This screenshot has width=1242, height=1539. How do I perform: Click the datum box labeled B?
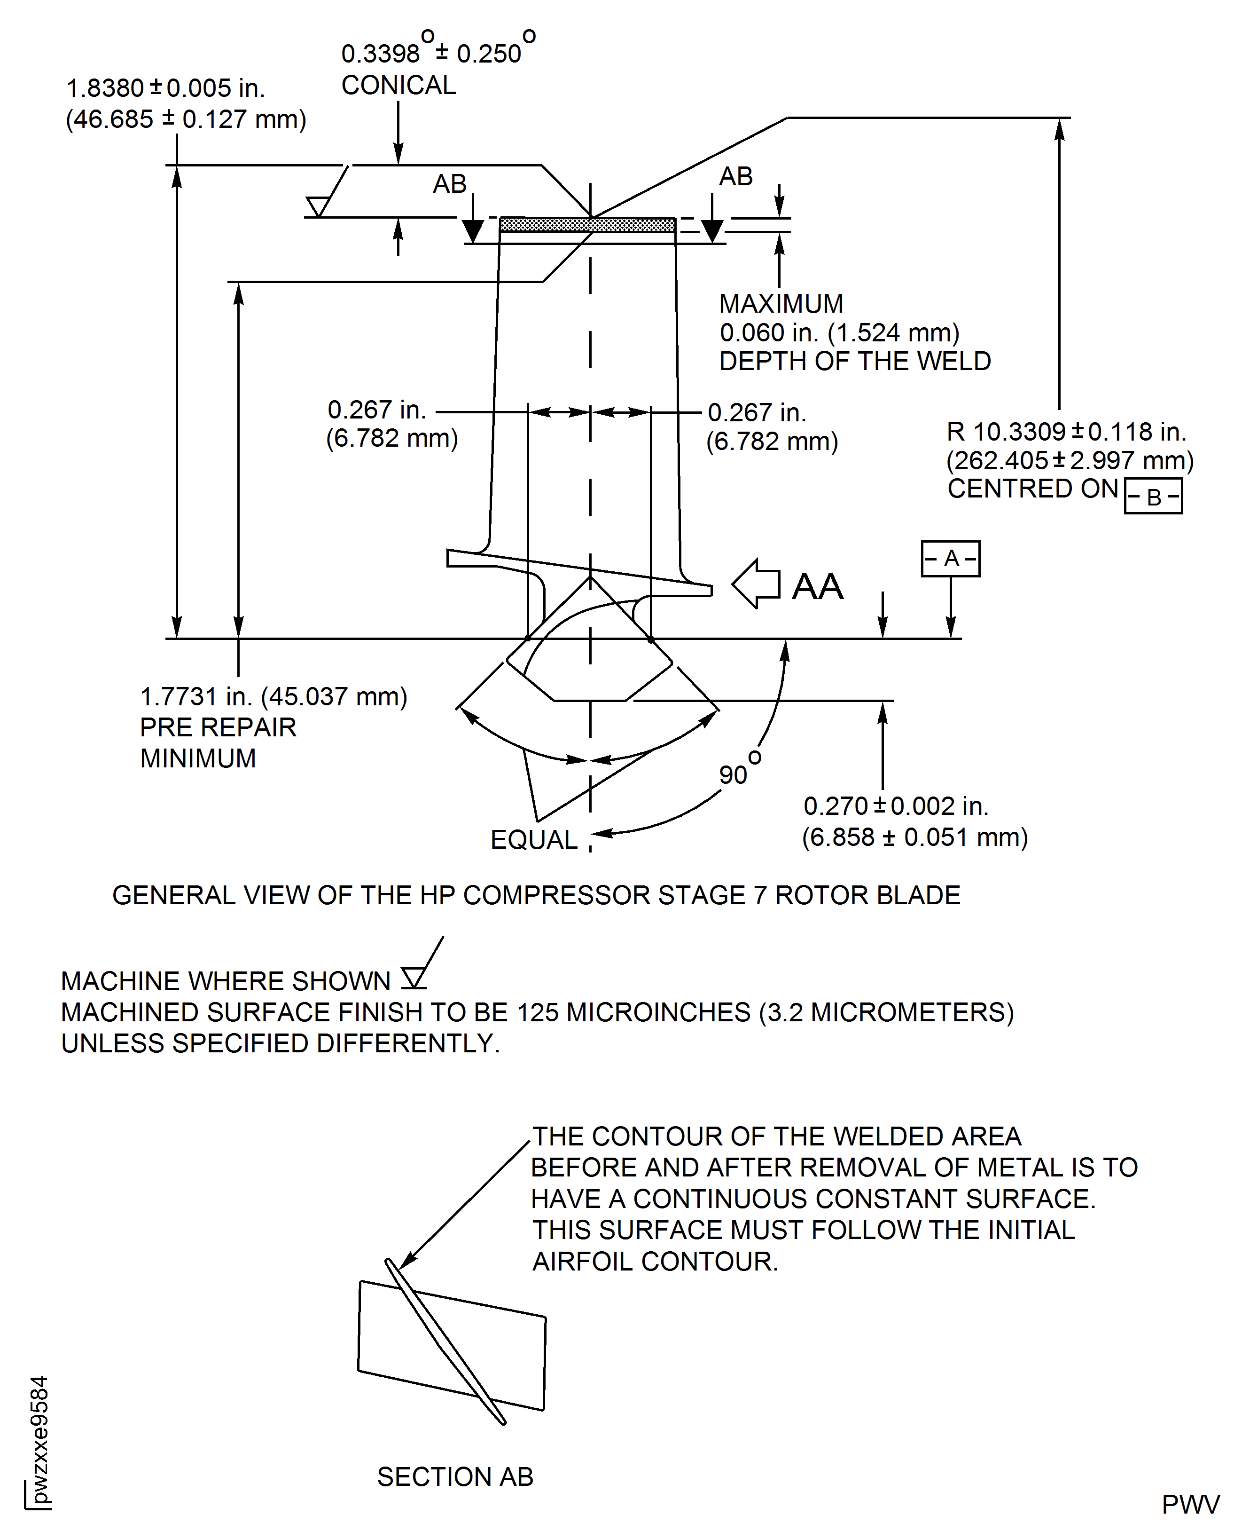(1153, 497)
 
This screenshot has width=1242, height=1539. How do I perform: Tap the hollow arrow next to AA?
(756, 584)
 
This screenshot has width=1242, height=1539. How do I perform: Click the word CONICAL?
(398, 86)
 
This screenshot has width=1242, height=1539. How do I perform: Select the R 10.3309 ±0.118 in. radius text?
(1066, 432)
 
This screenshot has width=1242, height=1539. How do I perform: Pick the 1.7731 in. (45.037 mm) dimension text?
(273, 696)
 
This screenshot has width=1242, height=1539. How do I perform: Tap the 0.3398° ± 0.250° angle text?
(438, 52)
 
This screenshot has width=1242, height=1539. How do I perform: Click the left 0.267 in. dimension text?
(376, 410)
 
